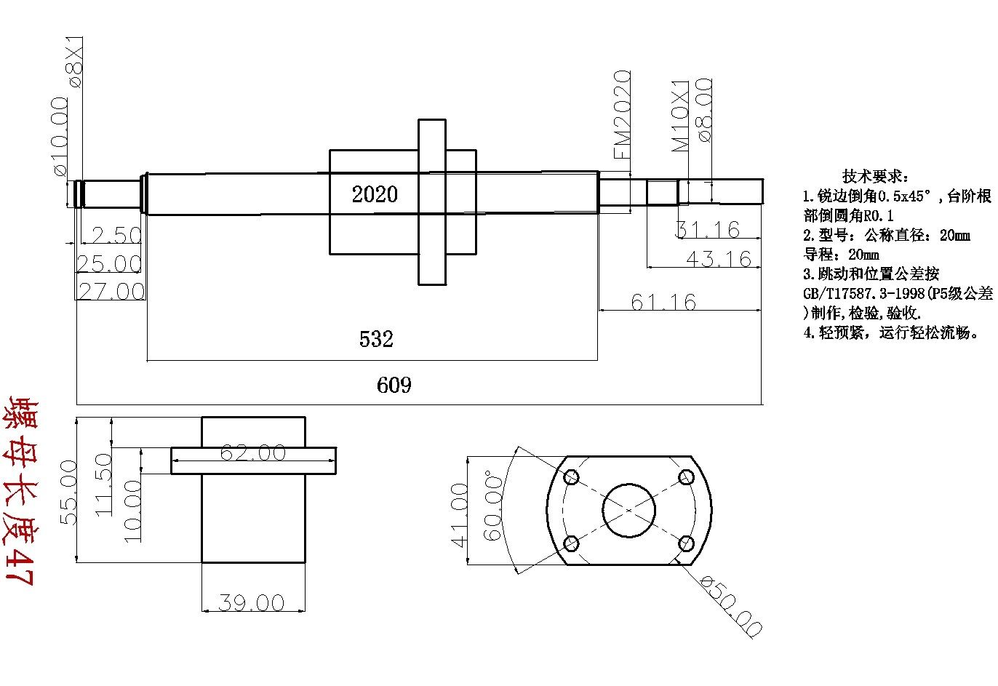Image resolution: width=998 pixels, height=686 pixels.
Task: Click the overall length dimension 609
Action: click(394, 385)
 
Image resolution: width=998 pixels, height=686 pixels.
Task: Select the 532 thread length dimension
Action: click(376, 339)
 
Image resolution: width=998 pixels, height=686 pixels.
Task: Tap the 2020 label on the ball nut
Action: click(374, 194)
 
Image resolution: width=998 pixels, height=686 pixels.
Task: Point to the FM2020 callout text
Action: click(622, 114)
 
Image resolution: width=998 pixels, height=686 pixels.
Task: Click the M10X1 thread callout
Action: click(680, 116)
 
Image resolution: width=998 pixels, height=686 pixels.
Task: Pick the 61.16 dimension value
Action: click(663, 302)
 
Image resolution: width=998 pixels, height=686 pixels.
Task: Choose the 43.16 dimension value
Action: click(719, 259)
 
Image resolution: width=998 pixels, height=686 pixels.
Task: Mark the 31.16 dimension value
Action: click(708, 229)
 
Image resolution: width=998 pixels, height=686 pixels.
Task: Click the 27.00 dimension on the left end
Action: click(111, 291)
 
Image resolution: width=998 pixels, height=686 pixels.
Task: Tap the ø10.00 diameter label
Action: click(60, 136)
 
